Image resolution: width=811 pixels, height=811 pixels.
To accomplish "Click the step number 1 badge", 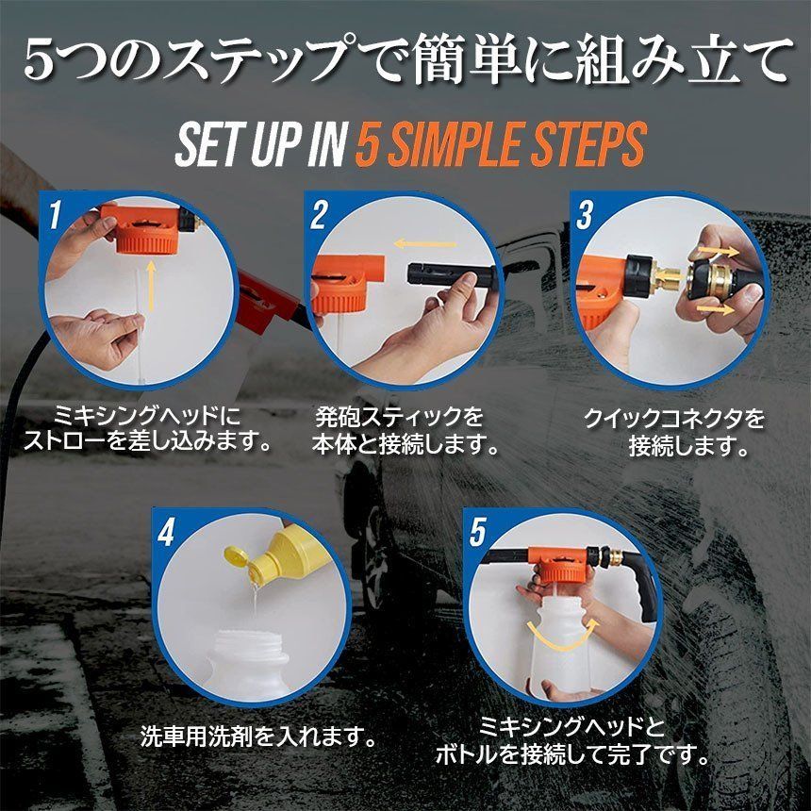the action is [x=56, y=215].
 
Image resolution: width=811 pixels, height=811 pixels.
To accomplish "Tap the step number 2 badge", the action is [x=319, y=215].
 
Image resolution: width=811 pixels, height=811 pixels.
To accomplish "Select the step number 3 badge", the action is [x=585, y=215].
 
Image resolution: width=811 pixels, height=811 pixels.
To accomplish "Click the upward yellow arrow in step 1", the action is [x=150, y=286].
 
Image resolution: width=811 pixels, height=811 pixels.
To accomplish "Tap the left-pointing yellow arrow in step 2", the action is [x=424, y=243].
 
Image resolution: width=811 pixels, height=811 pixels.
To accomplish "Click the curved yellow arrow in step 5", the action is [x=563, y=635].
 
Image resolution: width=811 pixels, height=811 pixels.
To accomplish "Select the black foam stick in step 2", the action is [x=453, y=275].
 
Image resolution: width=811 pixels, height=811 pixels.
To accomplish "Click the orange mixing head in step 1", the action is [x=142, y=227].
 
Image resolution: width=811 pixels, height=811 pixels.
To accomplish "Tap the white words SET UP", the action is [x=236, y=143].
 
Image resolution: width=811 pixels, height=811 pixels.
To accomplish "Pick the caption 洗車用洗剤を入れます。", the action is [x=258, y=736].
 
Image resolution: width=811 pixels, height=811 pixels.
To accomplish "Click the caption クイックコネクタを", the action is [x=673, y=419].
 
